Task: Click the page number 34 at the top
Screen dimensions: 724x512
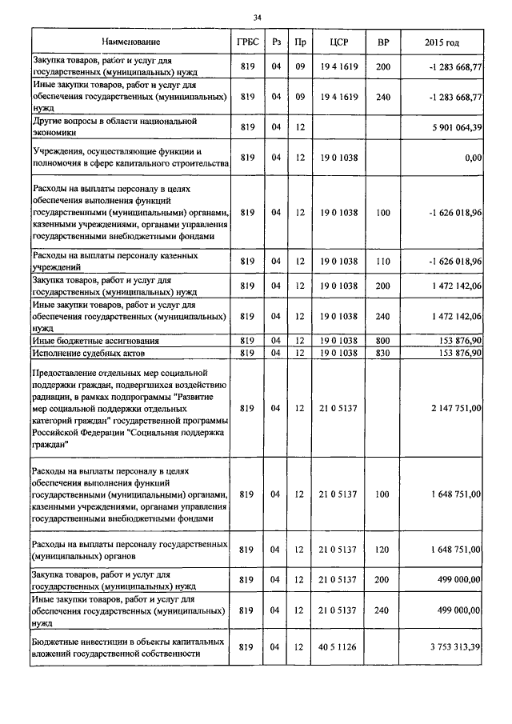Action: point(257,17)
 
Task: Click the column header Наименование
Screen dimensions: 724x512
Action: point(130,41)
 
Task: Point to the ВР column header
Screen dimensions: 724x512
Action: point(382,41)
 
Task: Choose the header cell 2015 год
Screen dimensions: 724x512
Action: point(442,41)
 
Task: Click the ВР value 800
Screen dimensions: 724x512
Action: point(382,341)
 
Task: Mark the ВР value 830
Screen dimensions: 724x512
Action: point(382,352)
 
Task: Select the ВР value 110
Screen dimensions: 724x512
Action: point(382,262)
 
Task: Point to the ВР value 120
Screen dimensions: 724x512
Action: point(382,550)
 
